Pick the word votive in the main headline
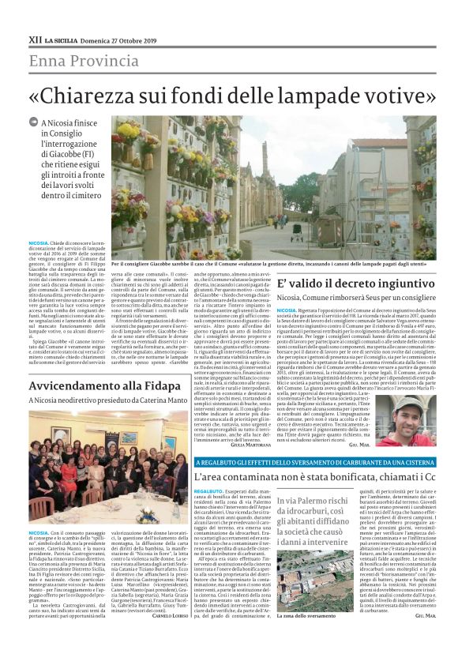pyautogui.click(x=394, y=94)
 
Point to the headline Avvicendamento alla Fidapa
pyautogui.click(x=104, y=386)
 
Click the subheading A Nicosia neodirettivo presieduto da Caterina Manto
pyautogui.click(x=99, y=402)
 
